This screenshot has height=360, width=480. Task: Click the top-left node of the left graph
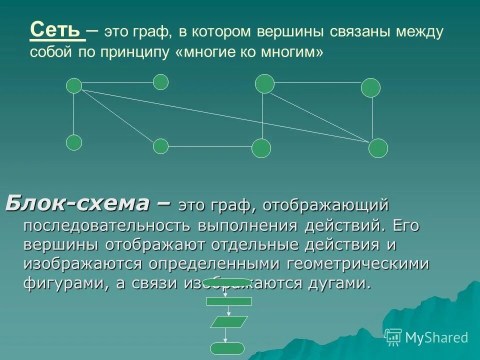tap(74, 85)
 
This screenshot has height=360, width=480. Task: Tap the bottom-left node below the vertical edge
tap(74, 142)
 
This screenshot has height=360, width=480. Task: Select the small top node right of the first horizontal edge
tap(160, 82)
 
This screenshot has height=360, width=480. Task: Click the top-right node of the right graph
tap(370, 87)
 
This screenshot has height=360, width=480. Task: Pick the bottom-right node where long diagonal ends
tap(378, 148)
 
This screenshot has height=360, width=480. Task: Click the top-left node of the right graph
tap(264, 83)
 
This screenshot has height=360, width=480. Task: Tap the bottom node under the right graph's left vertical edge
tap(261, 148)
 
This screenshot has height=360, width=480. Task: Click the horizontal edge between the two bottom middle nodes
tap(210, 146)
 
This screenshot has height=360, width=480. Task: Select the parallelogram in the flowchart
tap(229, 322)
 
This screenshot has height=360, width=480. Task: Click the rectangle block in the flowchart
tap(229, 301)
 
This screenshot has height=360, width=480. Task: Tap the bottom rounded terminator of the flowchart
tap(227, 348)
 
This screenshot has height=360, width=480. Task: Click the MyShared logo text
tap(436, 338)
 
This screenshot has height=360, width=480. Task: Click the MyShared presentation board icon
tap(393, 337)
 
